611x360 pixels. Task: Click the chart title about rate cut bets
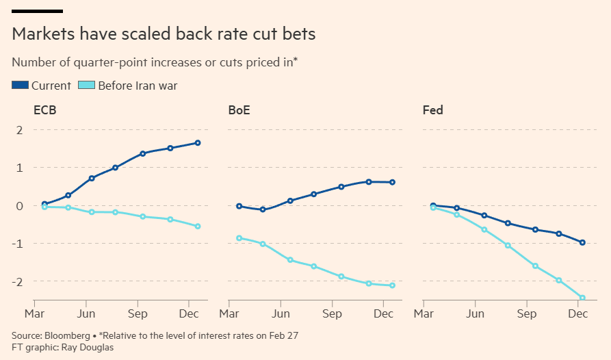(x=163, y=34)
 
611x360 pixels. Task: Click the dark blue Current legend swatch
(x=20, y=86)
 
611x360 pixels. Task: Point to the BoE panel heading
(x=239, y=110)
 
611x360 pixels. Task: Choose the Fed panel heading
(x=432, y=110)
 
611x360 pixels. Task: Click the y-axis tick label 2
(x=19, y=130)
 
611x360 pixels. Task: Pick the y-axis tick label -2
(x=17, y=282)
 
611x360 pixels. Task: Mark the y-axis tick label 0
(x=19, y=206)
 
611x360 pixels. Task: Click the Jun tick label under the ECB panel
(x=86, y=314)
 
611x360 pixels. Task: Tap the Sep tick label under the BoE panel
(x=333, y=314)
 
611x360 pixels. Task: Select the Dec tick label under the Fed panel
(x=578, y=314)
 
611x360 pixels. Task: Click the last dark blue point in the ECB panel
(x=198, y=143)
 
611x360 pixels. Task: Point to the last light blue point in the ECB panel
(x=198, y=226)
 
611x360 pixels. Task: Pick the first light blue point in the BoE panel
(x=239, y=238)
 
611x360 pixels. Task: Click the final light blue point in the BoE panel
(x=392, y=285)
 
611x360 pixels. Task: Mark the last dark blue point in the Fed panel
(x=582, y=242)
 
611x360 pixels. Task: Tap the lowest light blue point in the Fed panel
(x=582, y=298)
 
